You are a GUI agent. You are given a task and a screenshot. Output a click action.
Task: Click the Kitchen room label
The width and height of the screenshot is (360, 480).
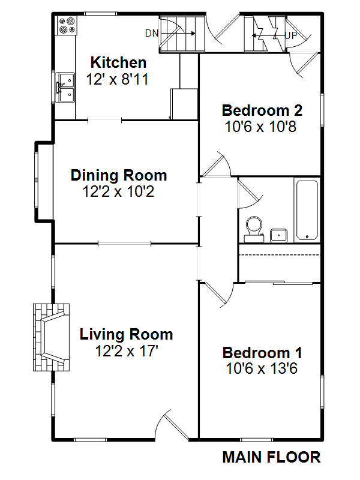coord(118,62)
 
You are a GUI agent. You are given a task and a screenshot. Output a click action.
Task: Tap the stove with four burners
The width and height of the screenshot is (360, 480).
coord(67,25)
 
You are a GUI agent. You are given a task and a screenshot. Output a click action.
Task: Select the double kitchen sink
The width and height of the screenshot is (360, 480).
coord(66,87)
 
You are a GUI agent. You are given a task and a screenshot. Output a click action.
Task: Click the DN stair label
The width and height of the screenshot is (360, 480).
coord(152,33)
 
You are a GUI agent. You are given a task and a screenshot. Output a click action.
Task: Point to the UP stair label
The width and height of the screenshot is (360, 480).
coord(291,35)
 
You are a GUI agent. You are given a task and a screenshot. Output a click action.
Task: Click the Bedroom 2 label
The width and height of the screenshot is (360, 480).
coord(262,110)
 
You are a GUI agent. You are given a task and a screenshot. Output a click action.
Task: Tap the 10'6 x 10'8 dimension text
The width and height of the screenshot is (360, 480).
coord(260,127)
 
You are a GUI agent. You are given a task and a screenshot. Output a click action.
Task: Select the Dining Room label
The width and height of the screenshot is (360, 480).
coord(119,175)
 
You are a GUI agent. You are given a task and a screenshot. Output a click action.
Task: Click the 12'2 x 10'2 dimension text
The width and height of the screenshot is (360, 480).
coord(118,191)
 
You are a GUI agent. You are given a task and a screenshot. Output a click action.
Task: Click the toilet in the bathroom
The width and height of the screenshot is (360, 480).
coord(254,229)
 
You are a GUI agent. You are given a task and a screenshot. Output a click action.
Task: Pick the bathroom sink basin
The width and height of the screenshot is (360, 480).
coord(278,236)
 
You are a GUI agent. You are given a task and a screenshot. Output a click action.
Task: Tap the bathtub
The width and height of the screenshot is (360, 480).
coord(307,211)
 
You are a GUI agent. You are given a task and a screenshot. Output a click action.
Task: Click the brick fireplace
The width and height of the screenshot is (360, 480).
coord(52,337)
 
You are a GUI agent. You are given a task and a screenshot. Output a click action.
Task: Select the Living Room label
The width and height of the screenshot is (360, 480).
coord(126,334)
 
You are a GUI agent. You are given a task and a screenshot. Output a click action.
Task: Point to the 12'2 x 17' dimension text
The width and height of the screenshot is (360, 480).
coord(127,351)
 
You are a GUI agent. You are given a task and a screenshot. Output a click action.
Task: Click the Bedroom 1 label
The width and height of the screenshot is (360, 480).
coord(262,353)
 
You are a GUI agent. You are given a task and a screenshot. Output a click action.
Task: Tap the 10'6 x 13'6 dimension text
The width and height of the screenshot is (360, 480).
coord(262,368)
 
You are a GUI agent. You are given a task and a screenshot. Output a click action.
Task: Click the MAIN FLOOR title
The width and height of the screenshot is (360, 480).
coord(272,457)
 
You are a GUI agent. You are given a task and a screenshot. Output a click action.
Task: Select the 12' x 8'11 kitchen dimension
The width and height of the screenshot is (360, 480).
coord(117,79)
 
